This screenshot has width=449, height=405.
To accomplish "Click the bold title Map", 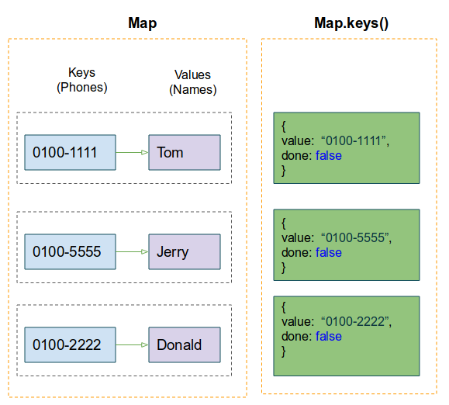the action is (x=143, y=23).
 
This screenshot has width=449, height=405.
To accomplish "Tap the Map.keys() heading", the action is (x=351, y=23).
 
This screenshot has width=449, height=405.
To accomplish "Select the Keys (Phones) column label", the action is (x=82, y=80).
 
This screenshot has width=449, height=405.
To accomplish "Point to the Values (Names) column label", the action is (x=193, y=82).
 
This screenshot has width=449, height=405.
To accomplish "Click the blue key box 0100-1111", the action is (x=70, y=152).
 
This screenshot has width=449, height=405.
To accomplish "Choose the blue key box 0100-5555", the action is (x=70, y=251).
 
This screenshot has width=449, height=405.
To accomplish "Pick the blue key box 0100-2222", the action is (x=70, y=344).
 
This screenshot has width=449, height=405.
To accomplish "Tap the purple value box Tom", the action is (x=185, y=152).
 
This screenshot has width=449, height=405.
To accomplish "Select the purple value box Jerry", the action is (x=185, y=251).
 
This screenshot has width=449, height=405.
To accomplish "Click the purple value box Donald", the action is (x=185, y=344).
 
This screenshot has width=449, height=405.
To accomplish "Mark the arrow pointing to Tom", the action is (x=132, y=152).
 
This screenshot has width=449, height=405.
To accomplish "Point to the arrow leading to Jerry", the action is (x=132, y=251).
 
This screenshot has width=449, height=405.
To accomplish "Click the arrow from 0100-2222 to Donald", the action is (x=132, y=344).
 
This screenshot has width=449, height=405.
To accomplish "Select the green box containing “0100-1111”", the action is (x=347, y=147).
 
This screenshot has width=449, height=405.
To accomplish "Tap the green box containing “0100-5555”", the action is (x=347, y=245).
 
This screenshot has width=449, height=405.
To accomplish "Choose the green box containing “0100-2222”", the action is (x=347, y=336).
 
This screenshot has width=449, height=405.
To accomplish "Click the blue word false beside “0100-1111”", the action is (x=329, y=155).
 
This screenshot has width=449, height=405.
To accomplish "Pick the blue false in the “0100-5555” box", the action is (x=329, y=253).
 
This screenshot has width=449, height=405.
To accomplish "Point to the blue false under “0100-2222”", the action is (x=329, y=336).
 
